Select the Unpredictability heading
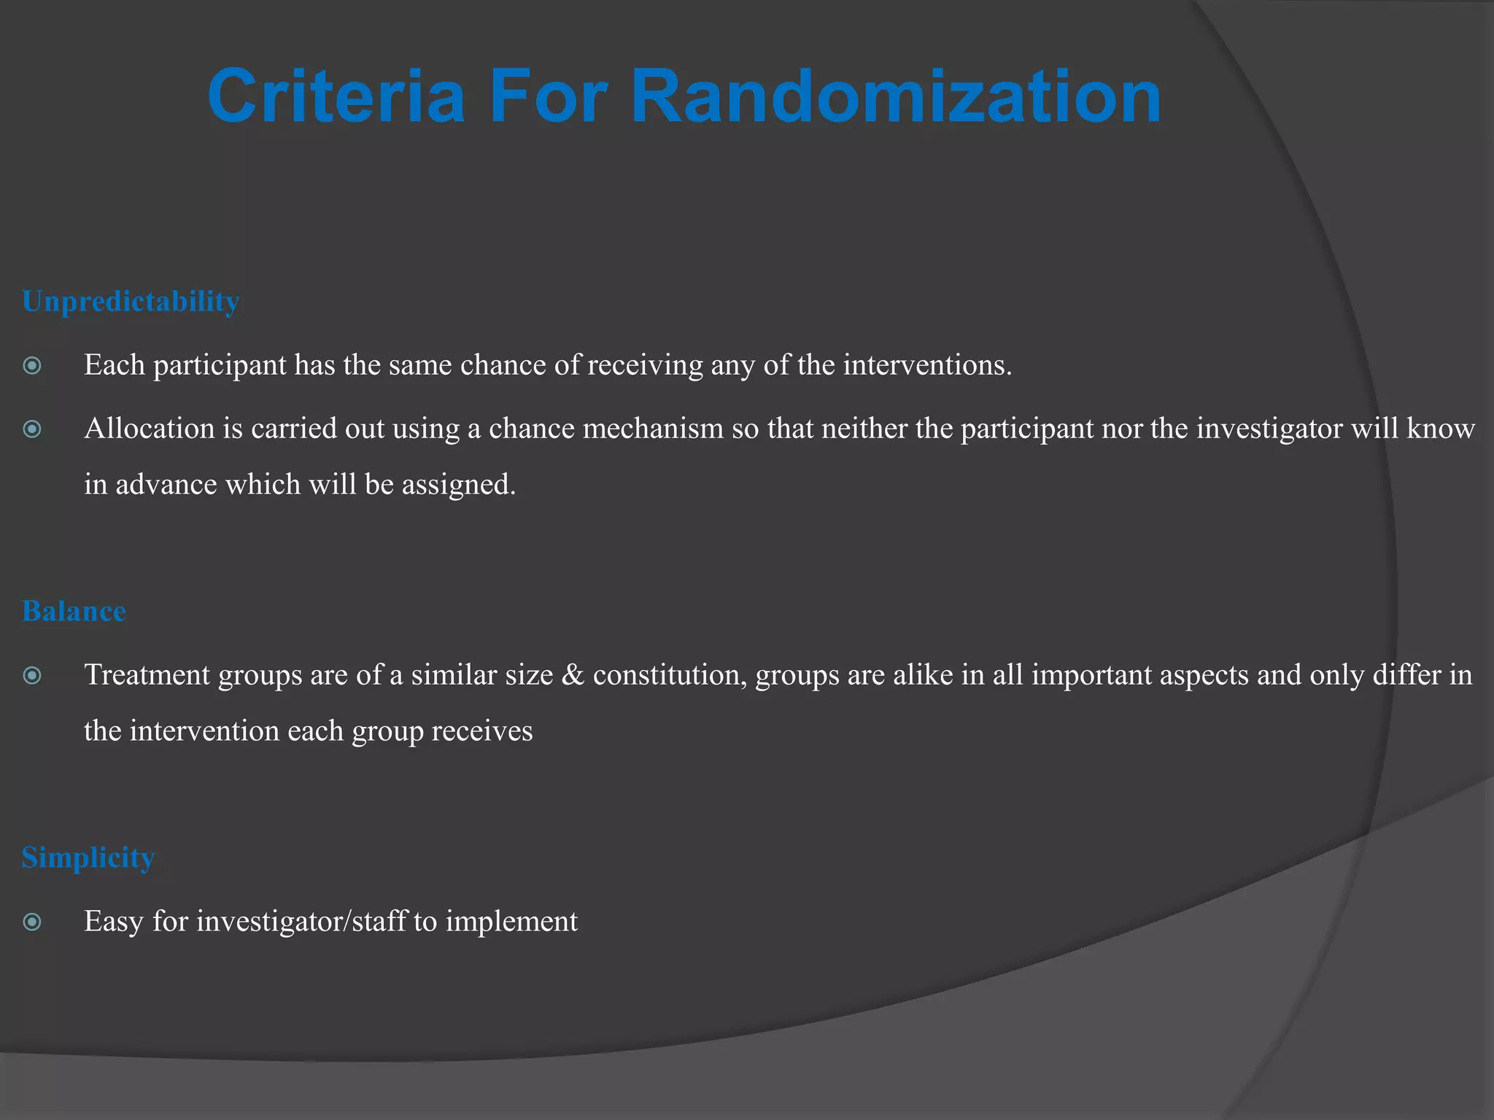pyautogui.click(x=131, y=301)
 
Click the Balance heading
pyautogui.click(x=74, y=611)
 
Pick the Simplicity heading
pyautogui.click(x=88, y=857)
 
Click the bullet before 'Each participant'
pyautogui.click(x=32, y=365)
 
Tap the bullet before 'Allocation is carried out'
pyautogui.click(x=32, y=429)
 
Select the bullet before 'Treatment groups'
pyautogui.click(x=32, y=675)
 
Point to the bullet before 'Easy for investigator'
pyautogui.click(x=32, y=922)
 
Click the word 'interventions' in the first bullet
pyautogui.click(x=926, y=365)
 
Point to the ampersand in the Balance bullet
pyautogui.click(x=573, y=675)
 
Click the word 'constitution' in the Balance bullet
pyautogui.click(x=670, y=675)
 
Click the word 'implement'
pyautogui.click(x=511, y=922)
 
